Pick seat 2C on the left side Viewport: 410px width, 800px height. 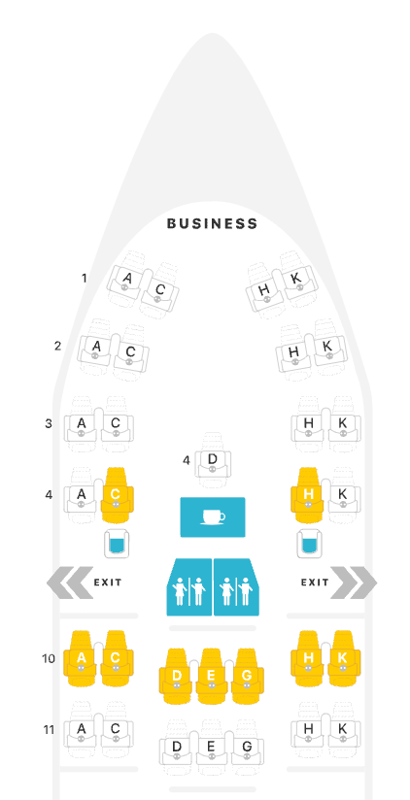tap(130, 352)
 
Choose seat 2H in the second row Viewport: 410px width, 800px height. tap(293, 352)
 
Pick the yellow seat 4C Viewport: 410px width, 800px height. tap(116, 495)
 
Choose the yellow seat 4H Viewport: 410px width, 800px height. tap(308, 495)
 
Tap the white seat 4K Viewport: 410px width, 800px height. tap(343, 495)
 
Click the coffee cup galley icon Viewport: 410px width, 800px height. tap(213, 517)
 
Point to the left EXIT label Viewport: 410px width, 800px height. tap(108, 583)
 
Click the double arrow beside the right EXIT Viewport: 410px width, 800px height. tap(354, 583)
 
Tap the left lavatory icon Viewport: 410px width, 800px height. tap(189, 587)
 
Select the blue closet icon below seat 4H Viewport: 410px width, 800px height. tap(308, 544)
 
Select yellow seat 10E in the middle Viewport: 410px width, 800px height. tap(212, 677)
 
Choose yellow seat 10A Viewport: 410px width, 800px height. tap(81, 659)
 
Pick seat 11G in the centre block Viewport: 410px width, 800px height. tap(247, 748)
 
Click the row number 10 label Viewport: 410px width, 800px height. tap(49, 658)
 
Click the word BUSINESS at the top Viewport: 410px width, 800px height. tap(213, 223)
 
